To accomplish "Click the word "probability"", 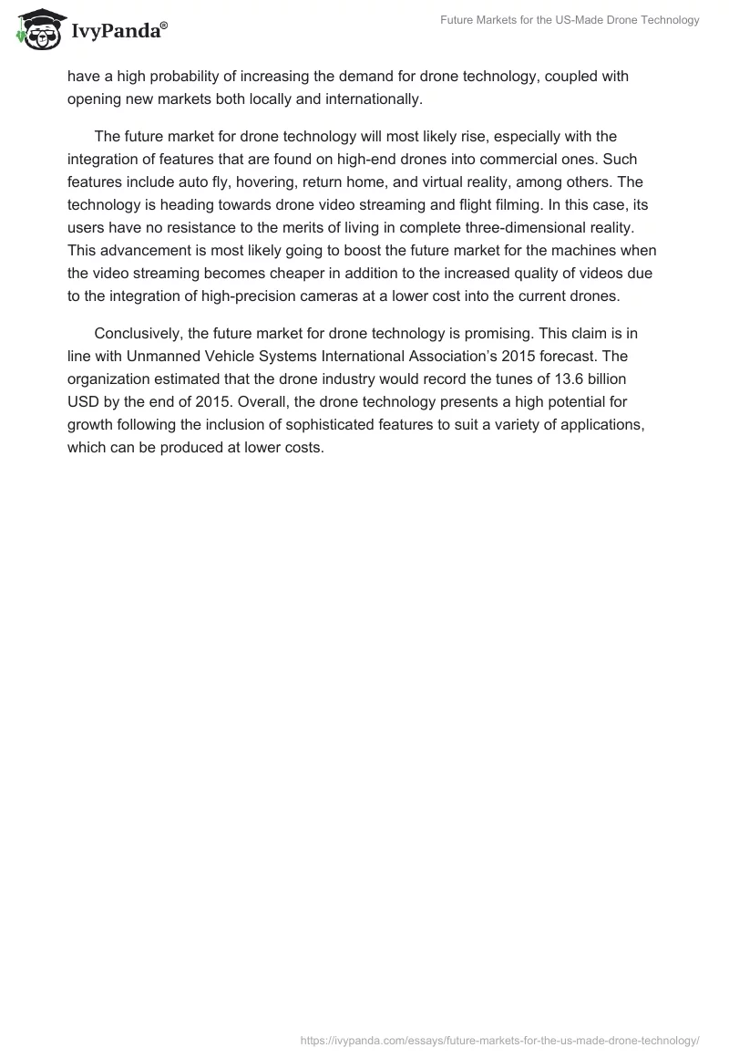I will (180, 77).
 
